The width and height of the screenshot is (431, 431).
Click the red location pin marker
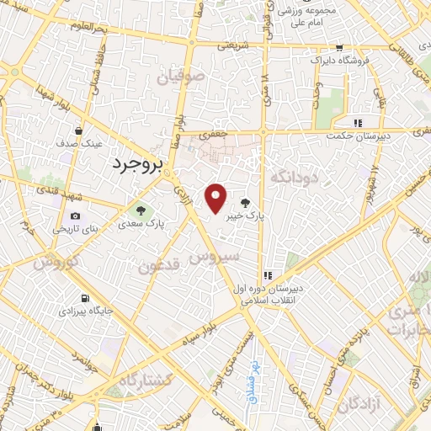(x=216, y=199)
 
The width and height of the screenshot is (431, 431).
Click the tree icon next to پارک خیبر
(x=245, y=203)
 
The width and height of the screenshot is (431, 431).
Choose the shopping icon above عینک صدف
(x=78, y=131)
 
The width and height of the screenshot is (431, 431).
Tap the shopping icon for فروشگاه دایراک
(x=338, y=49)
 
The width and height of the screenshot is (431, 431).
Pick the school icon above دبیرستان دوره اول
(x=269, y=274)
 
